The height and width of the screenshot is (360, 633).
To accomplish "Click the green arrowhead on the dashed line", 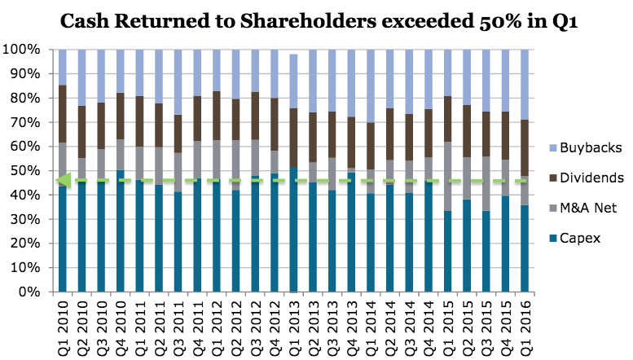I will point(61,180).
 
